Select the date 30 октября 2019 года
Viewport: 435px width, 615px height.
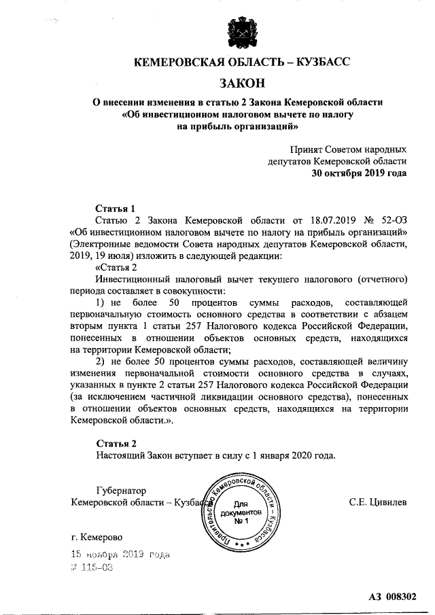point(359,173)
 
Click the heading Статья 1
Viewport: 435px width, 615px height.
point(110,208)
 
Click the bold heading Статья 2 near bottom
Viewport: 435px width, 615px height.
point(111,443)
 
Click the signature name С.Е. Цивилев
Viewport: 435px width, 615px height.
point(378,502)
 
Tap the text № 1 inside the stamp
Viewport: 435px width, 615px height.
point(243,521)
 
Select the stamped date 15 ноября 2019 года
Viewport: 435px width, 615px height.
point(120,555)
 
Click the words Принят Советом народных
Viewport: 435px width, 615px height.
point(348,149)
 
